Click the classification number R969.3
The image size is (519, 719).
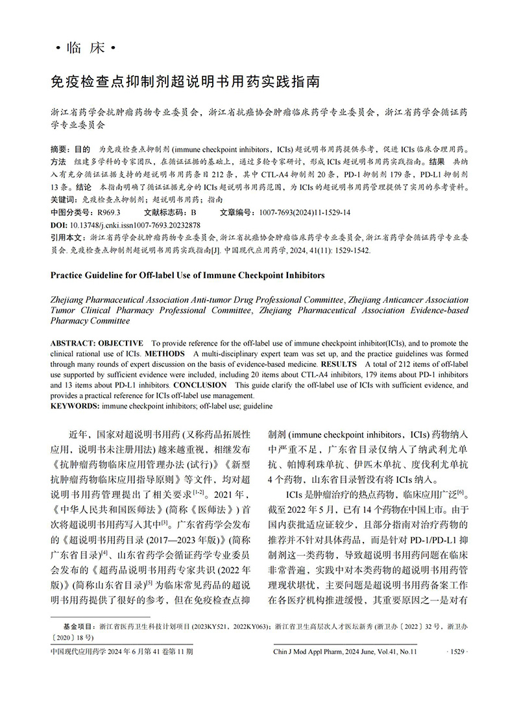click(109, 212)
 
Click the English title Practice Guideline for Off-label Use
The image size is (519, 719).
click(187, 275)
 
